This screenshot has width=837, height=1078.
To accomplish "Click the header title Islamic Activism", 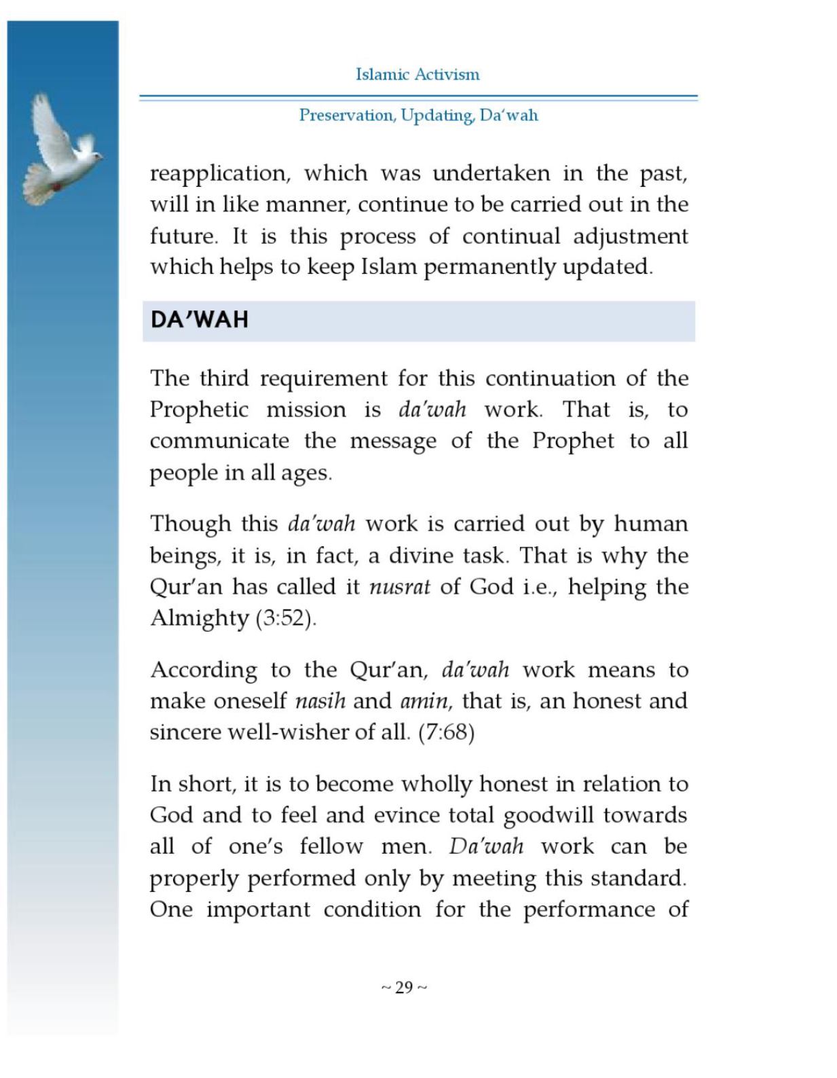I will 417,75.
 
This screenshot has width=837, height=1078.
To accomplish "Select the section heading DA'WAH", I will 200,320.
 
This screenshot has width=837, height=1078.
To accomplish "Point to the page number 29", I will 404,988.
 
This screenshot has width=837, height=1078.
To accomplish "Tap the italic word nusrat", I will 399,587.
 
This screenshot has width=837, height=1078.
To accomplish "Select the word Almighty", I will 200,618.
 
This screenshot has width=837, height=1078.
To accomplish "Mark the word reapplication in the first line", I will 221,174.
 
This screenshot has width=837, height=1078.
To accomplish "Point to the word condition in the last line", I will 372,910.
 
